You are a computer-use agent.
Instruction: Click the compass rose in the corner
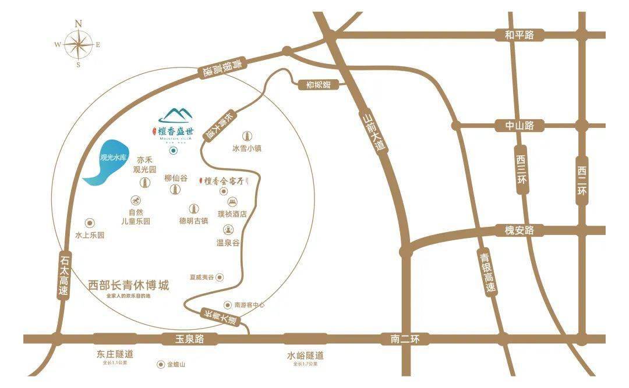click(78, 44)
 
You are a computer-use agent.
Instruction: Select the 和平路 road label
click(520, 35)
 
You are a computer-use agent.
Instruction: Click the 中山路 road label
click(520, 125)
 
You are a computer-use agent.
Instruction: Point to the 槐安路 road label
click(519, 230)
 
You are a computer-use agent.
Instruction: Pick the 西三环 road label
click(521, 169)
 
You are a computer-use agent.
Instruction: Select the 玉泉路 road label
click(188, 339)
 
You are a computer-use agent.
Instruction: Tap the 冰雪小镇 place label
click(247, 148)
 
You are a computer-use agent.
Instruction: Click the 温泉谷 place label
click(228, 243)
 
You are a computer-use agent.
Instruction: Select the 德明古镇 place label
click(194, 221)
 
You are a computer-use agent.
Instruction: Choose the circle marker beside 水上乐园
click(90, 223)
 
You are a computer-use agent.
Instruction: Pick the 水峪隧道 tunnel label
click(305, 355)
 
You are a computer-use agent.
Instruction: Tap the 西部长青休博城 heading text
click(129, 286)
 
